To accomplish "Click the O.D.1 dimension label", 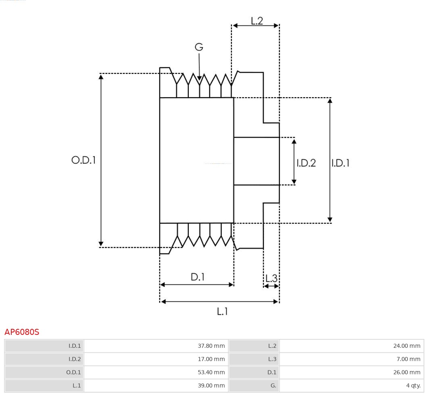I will [x=83, y=160].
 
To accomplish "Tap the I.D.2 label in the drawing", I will [x=306, y=163].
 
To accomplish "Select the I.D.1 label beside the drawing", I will [x=340, y=163].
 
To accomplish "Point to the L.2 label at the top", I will [x=257, y=21].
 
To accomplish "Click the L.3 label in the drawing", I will [x=271, y=278].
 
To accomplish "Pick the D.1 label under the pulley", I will [x=198, y=277].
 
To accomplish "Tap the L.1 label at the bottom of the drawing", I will [x=222, y=311].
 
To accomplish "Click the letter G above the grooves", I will [x=199, y=47].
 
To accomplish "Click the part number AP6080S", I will [x=22, y=332].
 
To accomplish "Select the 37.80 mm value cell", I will [x=156, y=346].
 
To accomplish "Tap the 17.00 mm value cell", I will [x=156, y=359].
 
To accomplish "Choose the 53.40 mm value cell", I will [x=156, y=372].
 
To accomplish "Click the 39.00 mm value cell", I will [x=156, y=386].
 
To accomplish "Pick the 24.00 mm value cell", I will [x=351, y=346].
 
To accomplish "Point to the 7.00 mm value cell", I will [x=351, y=359].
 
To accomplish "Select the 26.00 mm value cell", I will [x=351, y=372].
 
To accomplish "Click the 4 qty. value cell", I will [x=351, y=386].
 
